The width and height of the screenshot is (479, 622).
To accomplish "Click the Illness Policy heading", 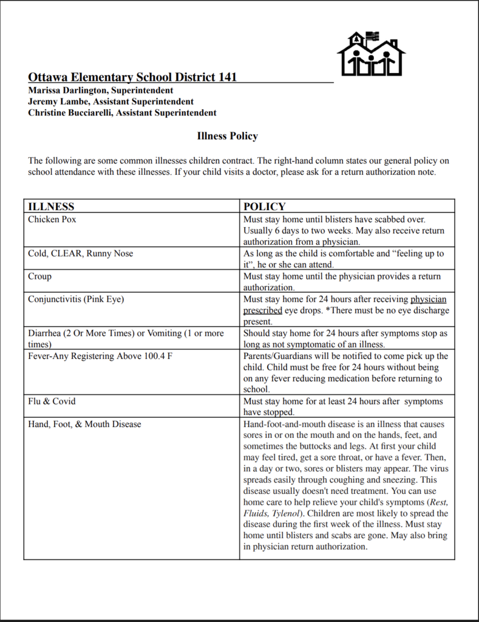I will point(227,136).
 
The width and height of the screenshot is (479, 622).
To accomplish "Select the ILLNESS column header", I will point(51,207).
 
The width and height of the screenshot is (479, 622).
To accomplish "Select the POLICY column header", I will point(264,207).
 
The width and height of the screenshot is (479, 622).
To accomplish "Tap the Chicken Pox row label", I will point(52,219).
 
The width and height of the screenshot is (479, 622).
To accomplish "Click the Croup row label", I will point(39,276).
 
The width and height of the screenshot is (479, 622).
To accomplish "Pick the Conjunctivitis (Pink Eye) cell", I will point(76,299).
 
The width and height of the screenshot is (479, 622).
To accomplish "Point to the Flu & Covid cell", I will point(52,402).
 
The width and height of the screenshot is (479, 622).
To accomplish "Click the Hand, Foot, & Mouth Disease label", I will point(84,424).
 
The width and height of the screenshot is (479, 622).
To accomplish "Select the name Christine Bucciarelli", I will point(70,112).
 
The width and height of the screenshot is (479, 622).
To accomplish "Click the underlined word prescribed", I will point(262,310).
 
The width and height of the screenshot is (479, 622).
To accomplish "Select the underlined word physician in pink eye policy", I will point(428,299).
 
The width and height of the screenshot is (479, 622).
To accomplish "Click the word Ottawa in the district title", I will point(48,77).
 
